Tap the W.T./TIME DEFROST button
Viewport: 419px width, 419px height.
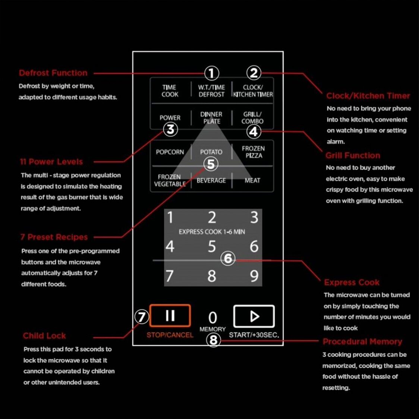(x=211, y=91)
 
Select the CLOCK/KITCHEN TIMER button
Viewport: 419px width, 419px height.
(x=253, y=91)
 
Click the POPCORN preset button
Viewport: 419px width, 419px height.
(x=170, y=152)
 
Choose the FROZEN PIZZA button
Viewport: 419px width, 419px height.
(x=253, y=152)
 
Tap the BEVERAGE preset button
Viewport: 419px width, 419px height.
(x=211, y=181)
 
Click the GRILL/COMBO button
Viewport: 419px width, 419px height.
(x=252, y=117)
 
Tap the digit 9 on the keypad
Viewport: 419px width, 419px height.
(x=254, y=276)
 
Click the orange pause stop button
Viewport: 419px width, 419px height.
(x=170, y=316)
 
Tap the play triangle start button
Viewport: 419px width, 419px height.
(x=254, y=316)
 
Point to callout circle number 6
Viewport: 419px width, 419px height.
(x=228, y=258)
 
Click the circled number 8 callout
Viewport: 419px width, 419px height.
(x=214, y=340)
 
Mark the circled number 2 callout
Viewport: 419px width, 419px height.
(x=253, y=73)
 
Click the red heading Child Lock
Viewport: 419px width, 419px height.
(x=44, y=335)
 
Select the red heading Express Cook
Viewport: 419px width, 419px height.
(x=352, y=283)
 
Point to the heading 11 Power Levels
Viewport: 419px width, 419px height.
(x=51, y=162)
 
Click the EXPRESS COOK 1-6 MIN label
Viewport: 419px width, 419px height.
(x=212, y=231)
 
